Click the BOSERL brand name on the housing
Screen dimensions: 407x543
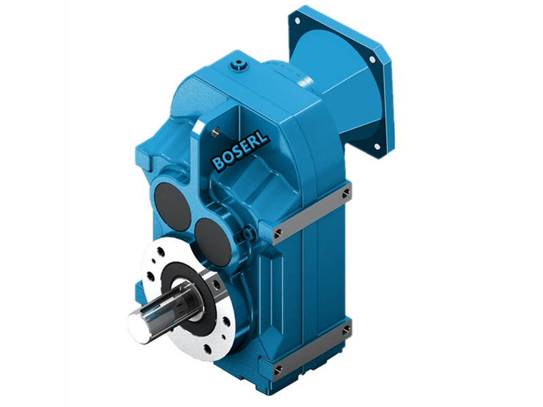click(240, 149)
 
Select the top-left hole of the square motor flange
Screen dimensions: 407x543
click(297, 20)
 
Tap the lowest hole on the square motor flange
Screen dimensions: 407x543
click(376, 145)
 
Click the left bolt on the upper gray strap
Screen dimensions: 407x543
click(279, 235)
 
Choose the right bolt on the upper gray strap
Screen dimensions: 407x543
click(347, 194)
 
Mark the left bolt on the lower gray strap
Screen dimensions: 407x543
click(279, 370)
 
